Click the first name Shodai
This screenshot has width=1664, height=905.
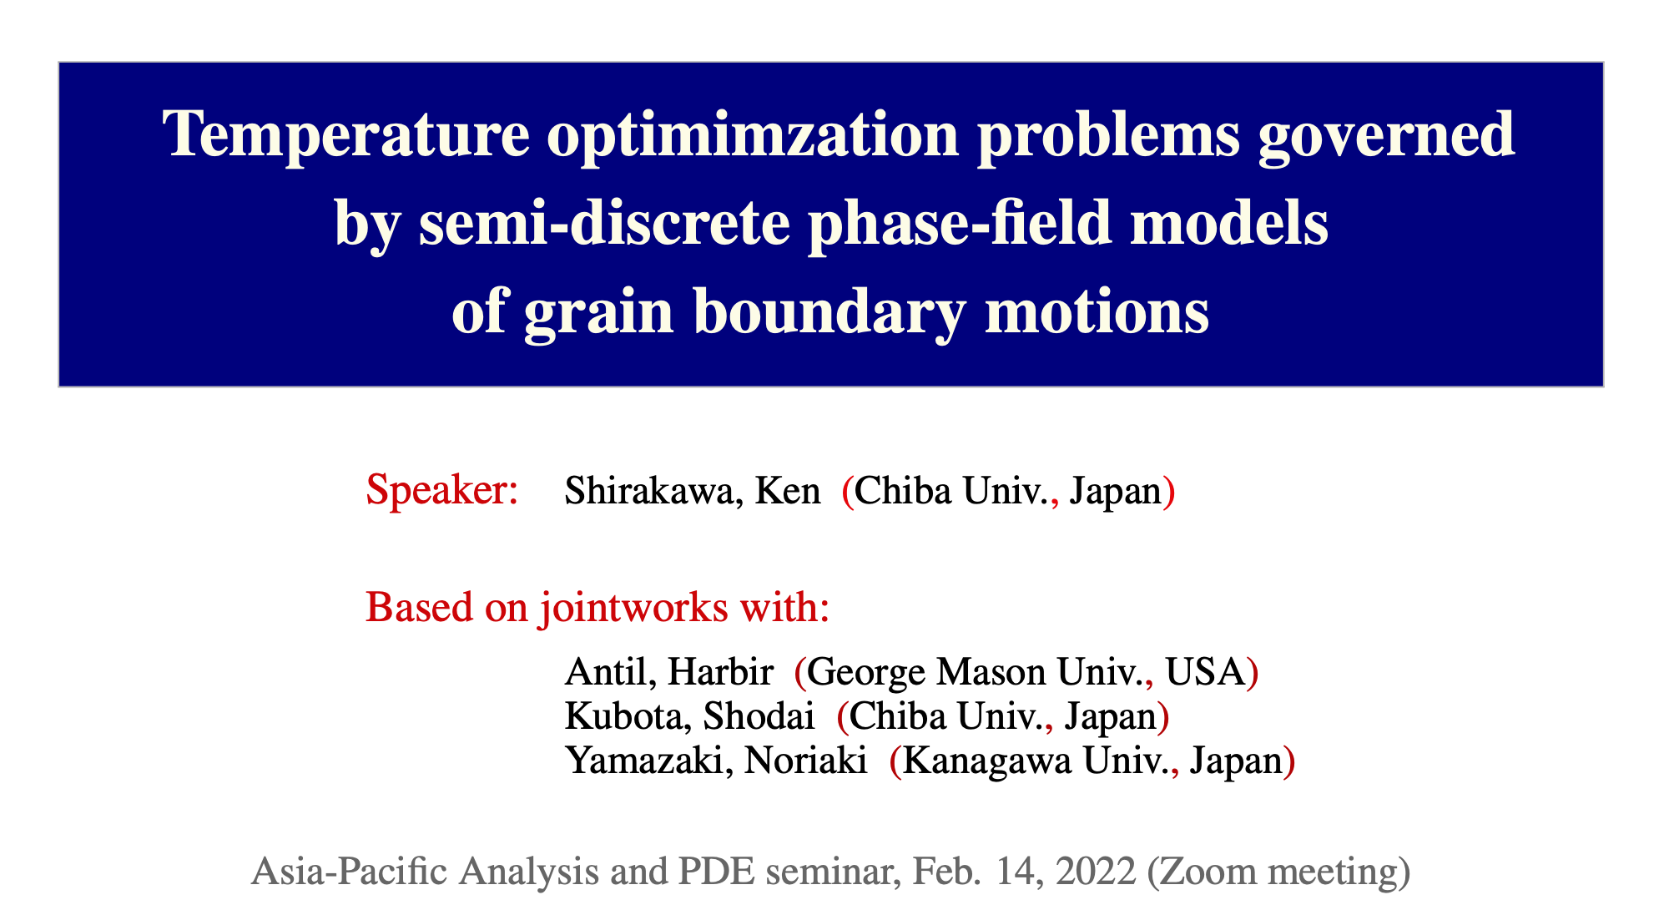coord(759,716)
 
